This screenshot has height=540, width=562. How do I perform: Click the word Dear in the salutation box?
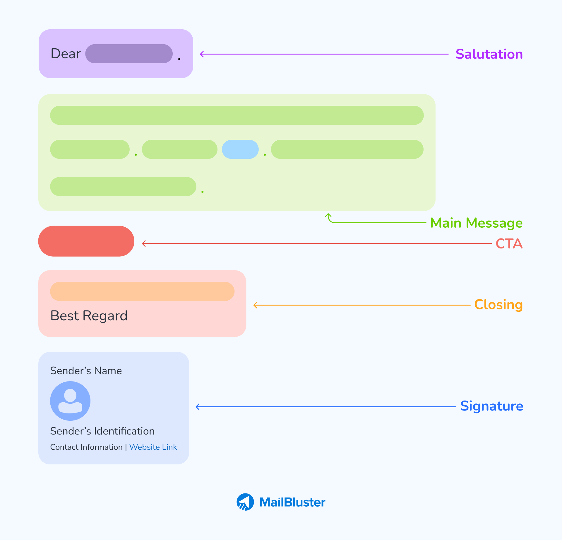66,54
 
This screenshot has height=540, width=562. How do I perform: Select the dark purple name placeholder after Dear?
129,54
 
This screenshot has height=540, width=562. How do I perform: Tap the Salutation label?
489,54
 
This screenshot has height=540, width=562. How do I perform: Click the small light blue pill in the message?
240,149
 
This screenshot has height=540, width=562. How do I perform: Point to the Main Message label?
476,223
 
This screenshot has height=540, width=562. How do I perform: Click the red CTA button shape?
86,241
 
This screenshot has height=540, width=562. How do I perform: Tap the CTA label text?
509,244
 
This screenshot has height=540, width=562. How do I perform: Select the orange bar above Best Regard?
142,292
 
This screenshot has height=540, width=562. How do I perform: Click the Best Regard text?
89,316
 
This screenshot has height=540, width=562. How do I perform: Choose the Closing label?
498,305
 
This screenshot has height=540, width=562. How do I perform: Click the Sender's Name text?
86,371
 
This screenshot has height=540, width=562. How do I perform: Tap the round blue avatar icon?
70,401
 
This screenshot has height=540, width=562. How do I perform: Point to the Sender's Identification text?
102,431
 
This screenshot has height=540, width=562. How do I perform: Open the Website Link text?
153,447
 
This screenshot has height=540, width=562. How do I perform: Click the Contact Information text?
86,447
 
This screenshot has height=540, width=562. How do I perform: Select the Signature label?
491,406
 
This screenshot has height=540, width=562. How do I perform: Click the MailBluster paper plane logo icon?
245,502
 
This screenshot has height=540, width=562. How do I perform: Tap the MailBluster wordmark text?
292,502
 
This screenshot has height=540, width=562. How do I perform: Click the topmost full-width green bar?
237,115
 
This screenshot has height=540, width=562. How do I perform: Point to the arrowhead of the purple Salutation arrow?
201,54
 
